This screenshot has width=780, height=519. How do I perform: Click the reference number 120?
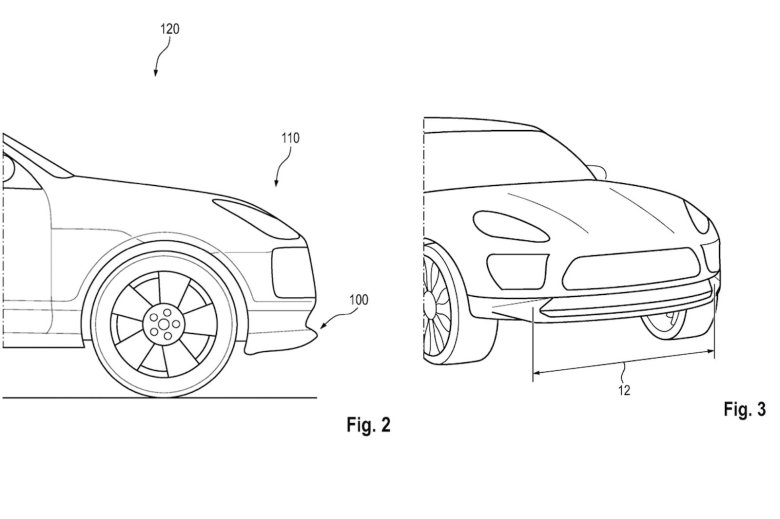[x=170, y=30]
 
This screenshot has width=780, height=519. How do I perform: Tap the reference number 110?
[x=290, y=138]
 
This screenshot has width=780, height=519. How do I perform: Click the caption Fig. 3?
[x=742, y=410]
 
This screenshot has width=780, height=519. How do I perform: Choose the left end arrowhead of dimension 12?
[x=535, y=372]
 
